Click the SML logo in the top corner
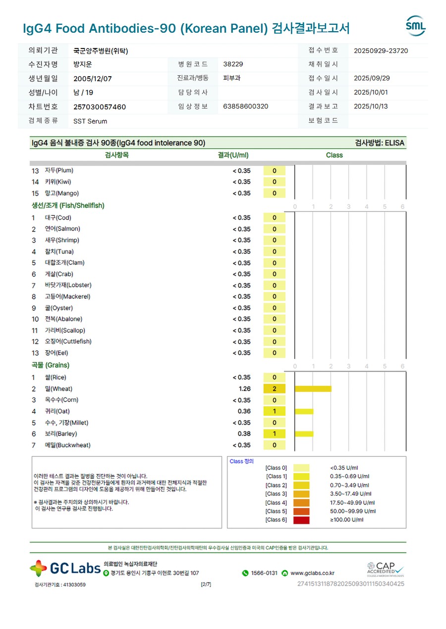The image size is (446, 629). click(415, 26)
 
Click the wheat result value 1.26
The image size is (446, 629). click(244, 389)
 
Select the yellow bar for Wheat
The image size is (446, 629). click(313, 389)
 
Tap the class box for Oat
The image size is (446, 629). click(275, 411)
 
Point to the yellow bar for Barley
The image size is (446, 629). click(304, 434)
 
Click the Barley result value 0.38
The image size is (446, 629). click(244, 434)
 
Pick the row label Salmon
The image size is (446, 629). click(62, 229)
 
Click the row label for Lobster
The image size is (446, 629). click(68, 286)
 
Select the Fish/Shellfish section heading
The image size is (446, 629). click(68, 205)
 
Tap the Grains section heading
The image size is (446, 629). click(51, 365)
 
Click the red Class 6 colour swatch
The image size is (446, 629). click(301, 520)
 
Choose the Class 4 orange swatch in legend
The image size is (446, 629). click(301, 503)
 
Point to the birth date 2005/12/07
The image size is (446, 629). click(93, 78)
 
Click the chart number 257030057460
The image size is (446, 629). click(100, 107)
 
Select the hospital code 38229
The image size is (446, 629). click(233, 64)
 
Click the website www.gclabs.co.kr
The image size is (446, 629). click(312, 573)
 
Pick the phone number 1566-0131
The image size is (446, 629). click(264, 573)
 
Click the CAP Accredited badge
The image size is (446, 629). click(385, 569)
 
